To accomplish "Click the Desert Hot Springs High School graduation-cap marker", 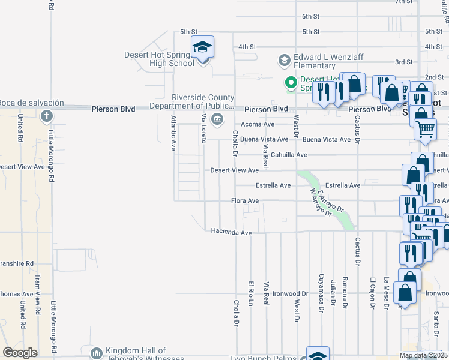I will (203, 47).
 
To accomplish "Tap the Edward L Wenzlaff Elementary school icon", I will (284, 61).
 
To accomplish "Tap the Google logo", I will (20, 353).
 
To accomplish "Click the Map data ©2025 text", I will (423, 355).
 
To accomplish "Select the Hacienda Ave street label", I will (231, 232).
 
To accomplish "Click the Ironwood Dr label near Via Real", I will (290, 294).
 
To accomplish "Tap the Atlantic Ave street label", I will (173, 133).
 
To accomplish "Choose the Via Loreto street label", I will (204, 128).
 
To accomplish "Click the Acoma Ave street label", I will (257, 124).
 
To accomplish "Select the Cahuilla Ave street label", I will (289, 155).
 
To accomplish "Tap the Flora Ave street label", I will (245, 200).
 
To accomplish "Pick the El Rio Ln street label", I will (251, 294).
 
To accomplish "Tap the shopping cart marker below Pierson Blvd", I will (425, 128).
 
